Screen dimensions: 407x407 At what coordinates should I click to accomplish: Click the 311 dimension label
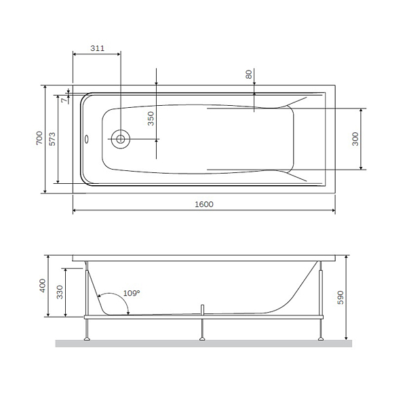[x=97, y=48]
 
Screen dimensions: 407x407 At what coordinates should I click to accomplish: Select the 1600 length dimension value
[x=204, y=204]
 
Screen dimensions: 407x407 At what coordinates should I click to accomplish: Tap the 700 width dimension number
[x=39, y=138]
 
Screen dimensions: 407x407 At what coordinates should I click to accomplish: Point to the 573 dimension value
[x=52, y=139]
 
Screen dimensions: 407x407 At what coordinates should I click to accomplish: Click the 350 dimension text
[x=151, y=119]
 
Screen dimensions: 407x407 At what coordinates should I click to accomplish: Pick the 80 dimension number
[x=248, y=74]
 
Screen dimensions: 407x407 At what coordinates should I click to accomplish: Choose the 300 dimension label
[x=355, y=139]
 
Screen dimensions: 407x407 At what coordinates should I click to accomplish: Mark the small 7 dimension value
[x=64, y=100]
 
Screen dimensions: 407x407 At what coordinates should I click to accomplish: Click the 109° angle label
[x=132, y=293]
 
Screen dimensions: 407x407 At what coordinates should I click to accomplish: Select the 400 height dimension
[x=43, y=286]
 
